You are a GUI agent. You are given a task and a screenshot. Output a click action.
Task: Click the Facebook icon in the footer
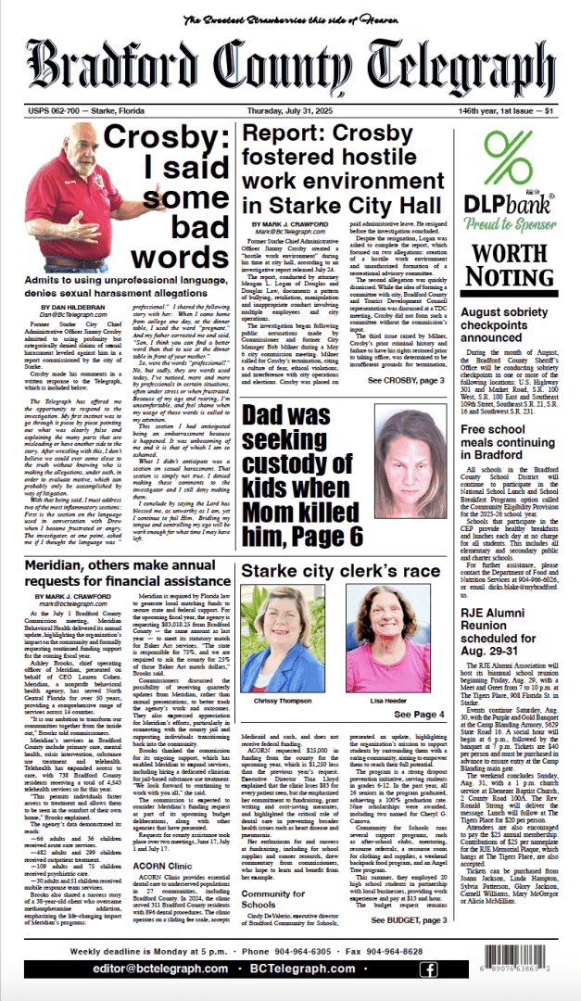tap(428, 969)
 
